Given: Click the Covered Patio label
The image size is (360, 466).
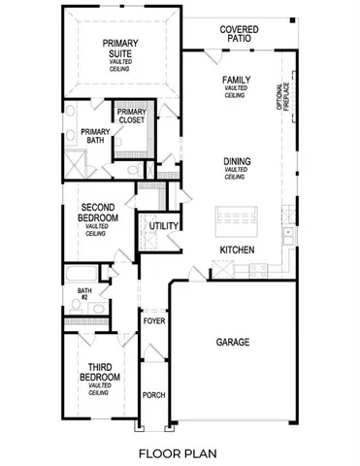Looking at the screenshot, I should pyautogui.click(x=239, y=36).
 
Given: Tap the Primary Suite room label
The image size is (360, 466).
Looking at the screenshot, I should pyautogui.click(x=120, y=49).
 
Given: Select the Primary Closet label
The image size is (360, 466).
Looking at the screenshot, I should pyautogui.click(x=131, y=117).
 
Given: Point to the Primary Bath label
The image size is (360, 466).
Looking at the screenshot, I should pyautogui.click(x=94, y=137).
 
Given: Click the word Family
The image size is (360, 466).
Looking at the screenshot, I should pyautogui.click(x=237, y=80).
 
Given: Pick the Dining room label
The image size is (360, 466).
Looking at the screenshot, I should pyautogui.click(x=237, y=161).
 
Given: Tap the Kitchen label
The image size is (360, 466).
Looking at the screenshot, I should pyautogui.click(x=237, y=250).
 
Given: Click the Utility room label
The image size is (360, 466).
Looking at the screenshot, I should pyautogui.click(x=164, y=226).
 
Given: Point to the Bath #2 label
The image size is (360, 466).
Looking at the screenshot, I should pyautogui.click(x=84, y=293).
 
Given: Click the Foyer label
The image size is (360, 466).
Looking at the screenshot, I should pyautogui.click(x=153, y=320).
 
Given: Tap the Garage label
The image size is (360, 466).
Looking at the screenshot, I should pyautogui.click(x=233, y=342).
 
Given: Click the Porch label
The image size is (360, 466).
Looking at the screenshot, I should pyautogui.click(x=153, y=395).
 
